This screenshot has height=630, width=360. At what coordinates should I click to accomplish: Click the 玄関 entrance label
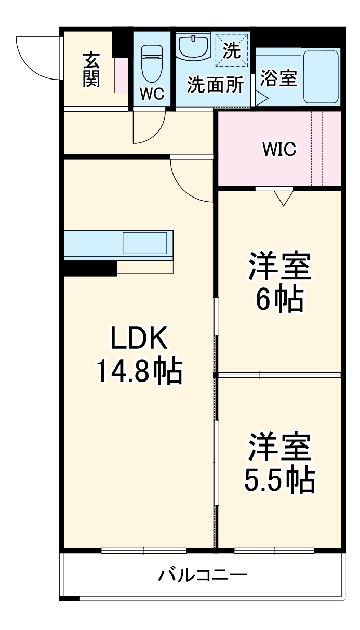pos(91,70)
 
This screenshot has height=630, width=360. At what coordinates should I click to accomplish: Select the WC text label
pos(152,94)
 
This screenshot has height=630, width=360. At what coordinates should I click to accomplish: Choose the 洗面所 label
pos(215,85)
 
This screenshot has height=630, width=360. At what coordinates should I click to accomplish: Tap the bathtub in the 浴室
pos(320,77)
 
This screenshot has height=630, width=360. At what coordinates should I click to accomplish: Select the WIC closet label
pos(279,149)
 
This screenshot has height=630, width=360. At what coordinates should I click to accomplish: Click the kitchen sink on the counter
pos(144,243)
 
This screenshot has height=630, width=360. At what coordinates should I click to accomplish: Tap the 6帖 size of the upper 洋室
pos(279,298)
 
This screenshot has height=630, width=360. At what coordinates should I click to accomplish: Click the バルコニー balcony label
pos(203,575)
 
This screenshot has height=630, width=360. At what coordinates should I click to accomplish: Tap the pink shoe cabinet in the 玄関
pos(122,75)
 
